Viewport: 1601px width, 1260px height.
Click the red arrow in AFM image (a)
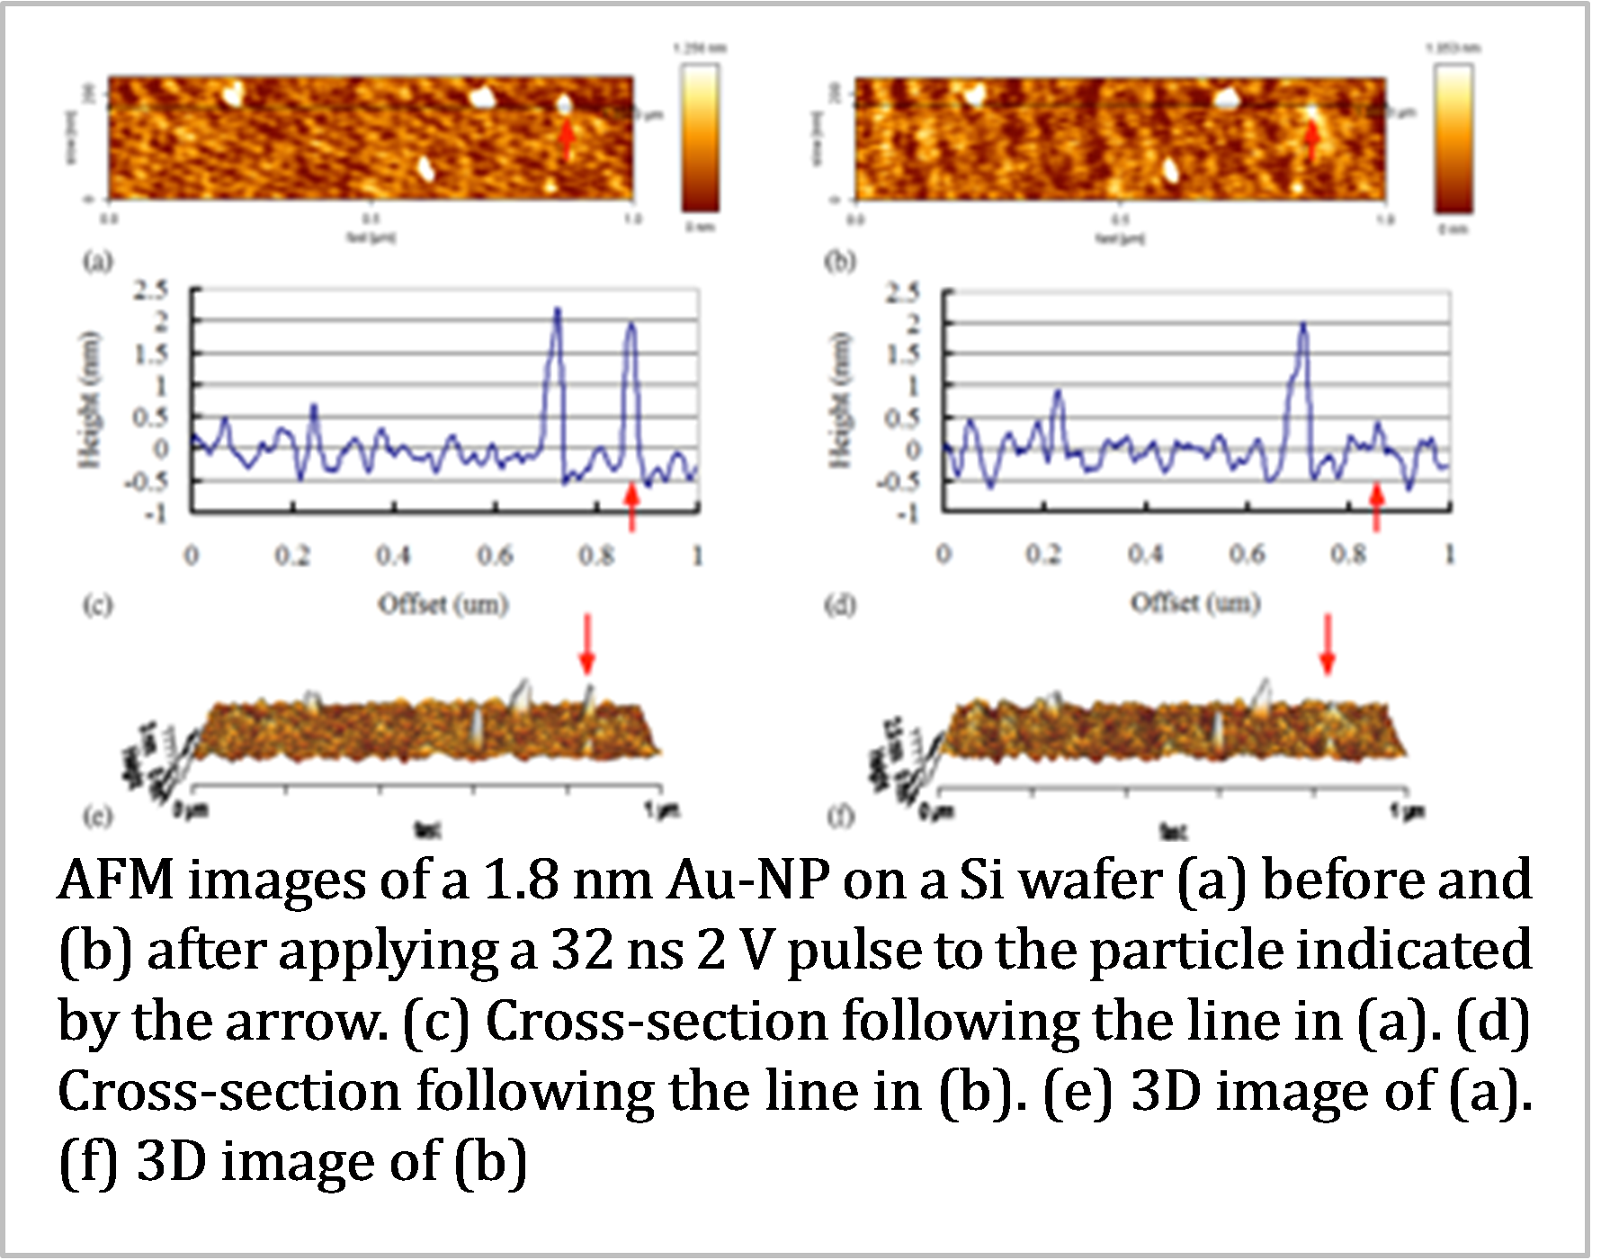(567, 139)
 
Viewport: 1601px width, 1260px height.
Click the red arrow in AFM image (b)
(1312, 139)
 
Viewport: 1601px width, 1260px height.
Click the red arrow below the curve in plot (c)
(631, 506)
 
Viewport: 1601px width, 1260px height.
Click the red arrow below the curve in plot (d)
(1375, 507)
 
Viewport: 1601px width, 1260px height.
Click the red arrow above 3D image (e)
(586, 644)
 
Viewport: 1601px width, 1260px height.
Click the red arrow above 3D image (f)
(1327, 644)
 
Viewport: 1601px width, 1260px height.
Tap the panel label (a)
(98, 261)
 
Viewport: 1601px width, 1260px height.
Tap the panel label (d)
(840, 605)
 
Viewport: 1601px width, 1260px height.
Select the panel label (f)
(839, 817)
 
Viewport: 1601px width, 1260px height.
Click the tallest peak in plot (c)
(557, 310)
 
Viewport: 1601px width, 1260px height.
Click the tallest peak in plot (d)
(1303, 324)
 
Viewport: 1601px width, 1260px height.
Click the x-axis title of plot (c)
(443, 603)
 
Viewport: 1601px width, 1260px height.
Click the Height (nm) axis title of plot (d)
(840, 400)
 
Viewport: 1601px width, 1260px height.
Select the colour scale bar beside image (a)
(699, 139)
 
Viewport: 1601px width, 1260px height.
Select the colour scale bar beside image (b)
(1453, 139)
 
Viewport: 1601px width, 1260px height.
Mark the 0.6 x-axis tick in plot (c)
(495, 556)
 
